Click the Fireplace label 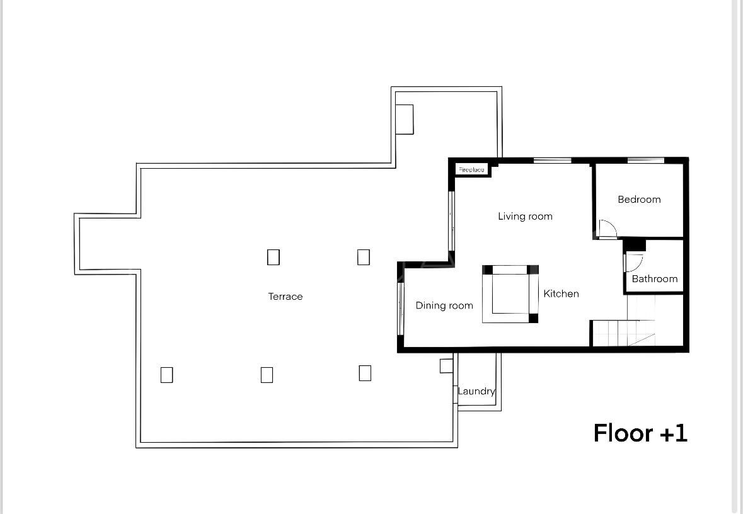point(471,169)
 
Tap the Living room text point(525,217)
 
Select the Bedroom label point(639,200)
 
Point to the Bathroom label point(654,278)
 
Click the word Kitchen point(561,294)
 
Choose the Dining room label point(444,306)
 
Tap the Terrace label point(285,297)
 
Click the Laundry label point(476,391)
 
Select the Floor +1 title point(640,433)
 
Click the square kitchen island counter point(510,294)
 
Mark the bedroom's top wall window point(646,161)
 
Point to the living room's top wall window point(553,161)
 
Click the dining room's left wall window point(400,309)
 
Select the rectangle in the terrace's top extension point(404,120)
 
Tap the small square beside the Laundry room point(446,366)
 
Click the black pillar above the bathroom point(635,244)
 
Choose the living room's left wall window point(452,221)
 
